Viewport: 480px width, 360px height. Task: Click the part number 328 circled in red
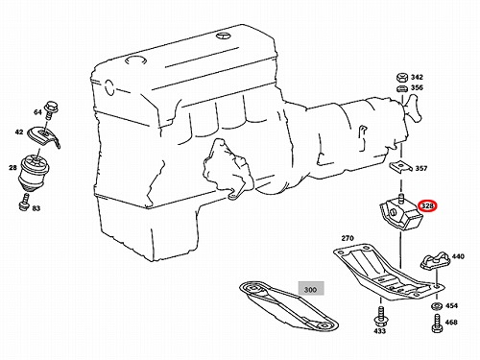(x=427, y=206)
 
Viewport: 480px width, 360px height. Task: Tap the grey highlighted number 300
(x=311, y=289)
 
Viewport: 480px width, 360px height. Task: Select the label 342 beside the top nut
(x=417, y=77)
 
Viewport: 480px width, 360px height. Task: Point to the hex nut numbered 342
(x=401, y=78)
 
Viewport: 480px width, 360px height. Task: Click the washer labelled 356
(x=402, y=88)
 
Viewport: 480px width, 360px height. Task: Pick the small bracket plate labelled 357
(x=400, y=166)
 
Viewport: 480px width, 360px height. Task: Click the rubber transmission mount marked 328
(x=401, y=213)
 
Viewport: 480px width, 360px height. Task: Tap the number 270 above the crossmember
(x=348, y=238)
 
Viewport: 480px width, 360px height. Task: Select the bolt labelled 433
(x=380, y=316)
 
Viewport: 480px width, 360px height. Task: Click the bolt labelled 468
(x=437, y=323)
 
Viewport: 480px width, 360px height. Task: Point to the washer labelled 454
(x=437, y=306)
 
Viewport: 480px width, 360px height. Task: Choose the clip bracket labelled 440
(x=435, y=260)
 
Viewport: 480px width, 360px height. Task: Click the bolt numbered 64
(x=50, y=109)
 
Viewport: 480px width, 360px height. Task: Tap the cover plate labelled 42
(x=43, y=136)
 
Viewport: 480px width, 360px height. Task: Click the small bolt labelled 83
(x=24, y=203)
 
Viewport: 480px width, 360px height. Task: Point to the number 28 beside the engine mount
(x=12, y=167)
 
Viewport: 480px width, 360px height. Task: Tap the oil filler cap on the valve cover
(x=136, y=60)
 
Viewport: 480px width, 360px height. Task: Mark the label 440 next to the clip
(x=458, y=256)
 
